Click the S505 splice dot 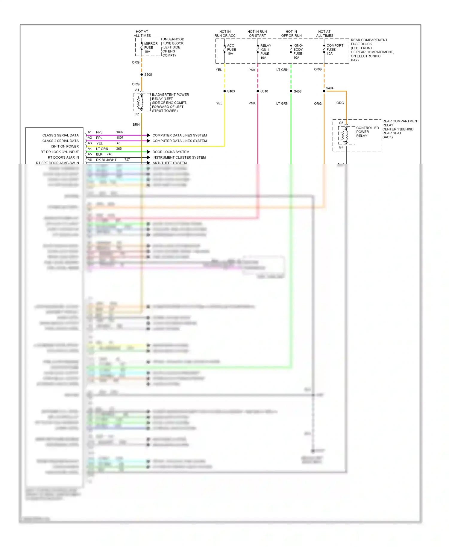pos(142,75)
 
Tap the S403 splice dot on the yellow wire pos(224,91)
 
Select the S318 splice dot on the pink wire pos(258,91)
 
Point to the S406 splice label pos(298,91)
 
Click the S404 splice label pos(330,88)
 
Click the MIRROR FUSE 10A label pos(151,48)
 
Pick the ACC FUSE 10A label pos(231,50)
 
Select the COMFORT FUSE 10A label pos(335,50)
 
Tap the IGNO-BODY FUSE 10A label pos(298,51)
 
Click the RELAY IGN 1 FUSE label pos(266,51)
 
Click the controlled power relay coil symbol pos(345,135)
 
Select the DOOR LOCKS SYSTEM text pos(171,152)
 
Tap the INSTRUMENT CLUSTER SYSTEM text pos(179,157)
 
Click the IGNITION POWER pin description pos(64,146)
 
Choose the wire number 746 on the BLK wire pos(110,154)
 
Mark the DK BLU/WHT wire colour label pos(106,160)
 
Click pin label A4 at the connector pos(90,149)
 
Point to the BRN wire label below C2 pos(136,124)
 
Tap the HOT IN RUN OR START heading pos(257,34)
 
